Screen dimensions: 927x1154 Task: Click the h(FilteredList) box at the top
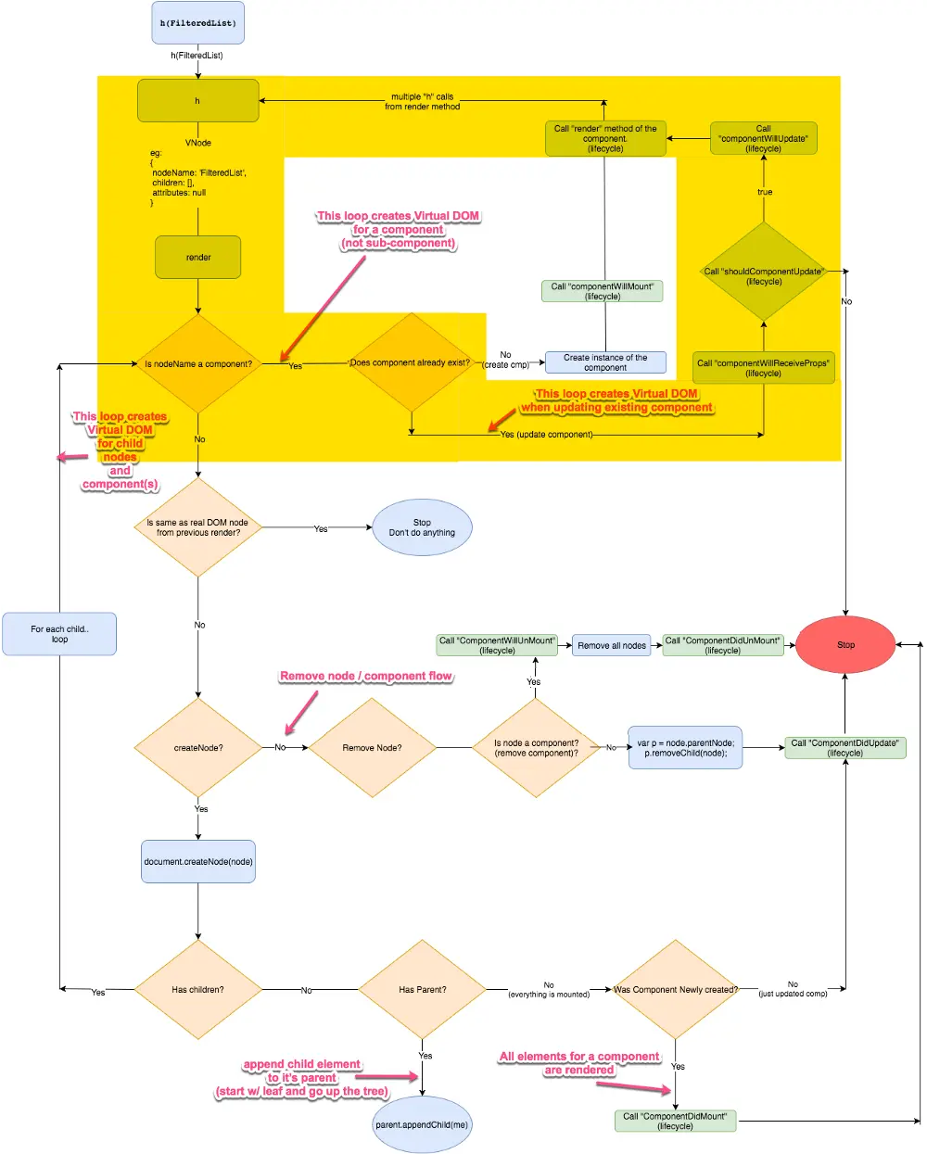198,22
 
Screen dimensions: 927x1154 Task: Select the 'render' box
198,257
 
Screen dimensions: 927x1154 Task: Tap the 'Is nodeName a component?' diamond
198,363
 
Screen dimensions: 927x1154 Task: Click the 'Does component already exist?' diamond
412,362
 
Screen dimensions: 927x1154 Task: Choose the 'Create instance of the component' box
605,362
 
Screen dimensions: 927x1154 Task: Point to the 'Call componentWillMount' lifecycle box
602,291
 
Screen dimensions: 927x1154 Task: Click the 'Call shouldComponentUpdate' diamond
763,272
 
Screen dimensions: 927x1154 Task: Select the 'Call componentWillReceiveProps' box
763,368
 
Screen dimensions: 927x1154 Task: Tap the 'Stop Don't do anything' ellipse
422,527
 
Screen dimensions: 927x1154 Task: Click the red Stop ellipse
845,644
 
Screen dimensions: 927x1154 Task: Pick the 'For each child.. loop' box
59,634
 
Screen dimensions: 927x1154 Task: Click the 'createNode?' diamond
198,747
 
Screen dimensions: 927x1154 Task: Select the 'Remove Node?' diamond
373,747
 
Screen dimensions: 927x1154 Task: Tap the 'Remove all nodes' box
612,645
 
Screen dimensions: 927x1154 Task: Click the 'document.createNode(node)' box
198,861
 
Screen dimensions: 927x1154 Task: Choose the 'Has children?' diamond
198,989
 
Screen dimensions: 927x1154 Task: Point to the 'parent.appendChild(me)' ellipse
422,1124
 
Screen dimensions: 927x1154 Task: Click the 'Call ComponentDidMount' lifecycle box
676,1121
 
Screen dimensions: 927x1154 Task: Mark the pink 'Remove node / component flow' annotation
366,676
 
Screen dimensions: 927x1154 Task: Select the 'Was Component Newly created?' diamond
676,989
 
